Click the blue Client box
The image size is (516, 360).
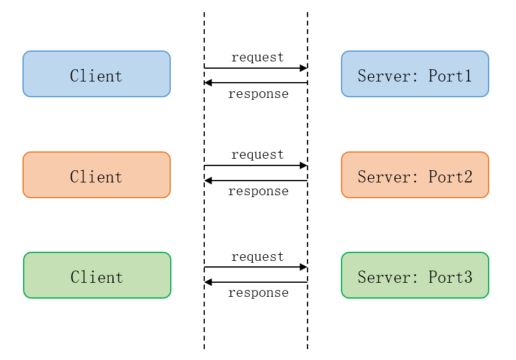tap(96, 74)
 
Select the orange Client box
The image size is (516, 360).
tap(96, 175)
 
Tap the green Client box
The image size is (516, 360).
tap(97, 275)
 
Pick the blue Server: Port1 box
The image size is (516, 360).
tap(415, 74)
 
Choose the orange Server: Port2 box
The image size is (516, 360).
tap(415, 175)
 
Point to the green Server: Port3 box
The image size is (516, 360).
tap(415, 275)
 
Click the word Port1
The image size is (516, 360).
tap(450, 76)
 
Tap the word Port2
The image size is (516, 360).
tap(450, 177)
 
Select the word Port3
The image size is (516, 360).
tap(450, 277)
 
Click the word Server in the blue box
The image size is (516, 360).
tap(382, 76)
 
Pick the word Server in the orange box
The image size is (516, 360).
tap(382, 177)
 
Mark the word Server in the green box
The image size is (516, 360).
tap(382, 277)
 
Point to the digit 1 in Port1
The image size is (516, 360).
tap(468, 76)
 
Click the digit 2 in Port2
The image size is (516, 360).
tap(468, 177)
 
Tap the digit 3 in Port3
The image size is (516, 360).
tap(468, 277)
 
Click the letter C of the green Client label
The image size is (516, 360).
tap(75, 277)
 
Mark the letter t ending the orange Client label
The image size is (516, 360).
tap(119, 177)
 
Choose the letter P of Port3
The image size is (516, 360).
tap(433, 277)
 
